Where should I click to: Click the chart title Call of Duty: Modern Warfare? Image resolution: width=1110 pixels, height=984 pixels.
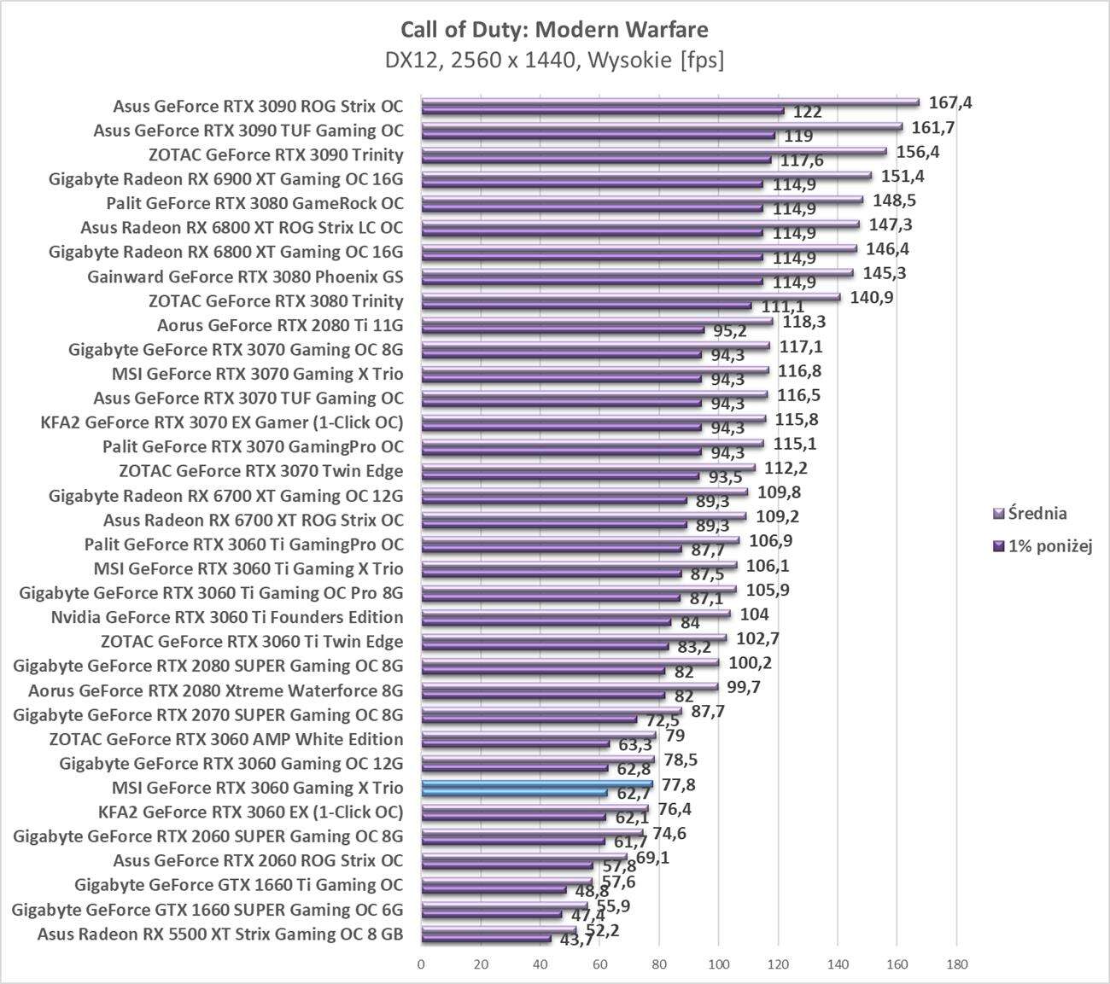(554, 30)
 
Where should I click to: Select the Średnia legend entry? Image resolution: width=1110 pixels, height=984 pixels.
(1037, 513)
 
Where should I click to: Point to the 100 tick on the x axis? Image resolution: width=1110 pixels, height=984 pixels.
(718, 965)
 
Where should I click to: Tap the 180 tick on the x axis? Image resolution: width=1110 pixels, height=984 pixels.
(956, 965)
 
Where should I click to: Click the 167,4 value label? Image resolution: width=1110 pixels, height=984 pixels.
(951, 103)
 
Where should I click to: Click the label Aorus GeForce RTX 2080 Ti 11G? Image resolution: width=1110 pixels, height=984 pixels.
(280, 325)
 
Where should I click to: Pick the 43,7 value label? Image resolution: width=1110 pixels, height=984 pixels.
(575, 940)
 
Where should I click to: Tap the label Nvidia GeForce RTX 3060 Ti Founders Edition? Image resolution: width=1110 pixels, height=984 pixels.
(227, 617)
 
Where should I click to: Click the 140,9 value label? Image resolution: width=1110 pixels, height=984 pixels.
(872, 298)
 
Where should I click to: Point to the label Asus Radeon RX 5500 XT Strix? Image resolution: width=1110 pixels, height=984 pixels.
(220, 934)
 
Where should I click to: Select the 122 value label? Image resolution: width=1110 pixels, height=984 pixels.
(808, 112)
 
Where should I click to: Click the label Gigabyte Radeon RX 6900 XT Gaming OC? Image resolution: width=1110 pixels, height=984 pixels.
(226, 179)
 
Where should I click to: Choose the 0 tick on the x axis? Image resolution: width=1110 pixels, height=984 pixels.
(421, 965)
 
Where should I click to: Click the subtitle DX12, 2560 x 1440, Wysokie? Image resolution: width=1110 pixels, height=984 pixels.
(554, 61)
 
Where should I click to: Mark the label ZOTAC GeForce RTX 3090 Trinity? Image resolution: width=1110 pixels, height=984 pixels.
(276, 155)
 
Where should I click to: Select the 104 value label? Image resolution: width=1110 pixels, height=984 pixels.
(754, 614)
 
